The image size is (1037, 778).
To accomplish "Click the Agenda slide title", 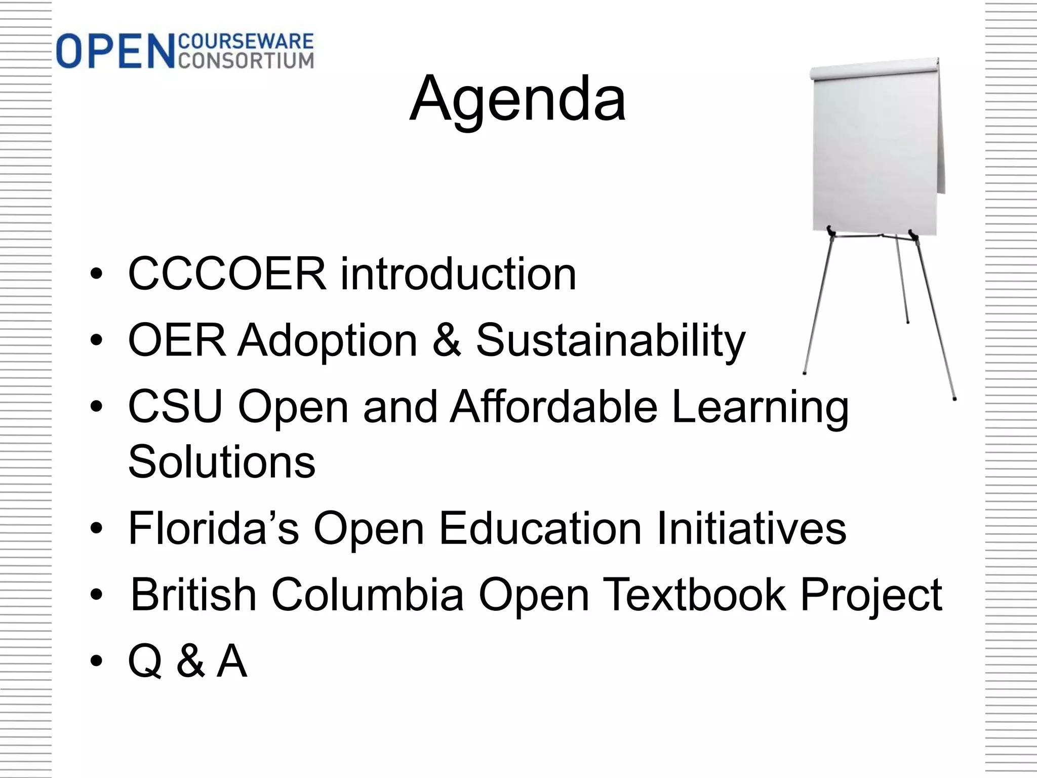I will pos(517,99).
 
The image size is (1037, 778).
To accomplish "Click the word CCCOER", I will pos(227,274).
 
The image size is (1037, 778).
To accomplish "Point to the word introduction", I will pos(458,274).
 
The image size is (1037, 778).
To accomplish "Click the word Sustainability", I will pos(611,341).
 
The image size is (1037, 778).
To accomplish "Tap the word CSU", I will pos(176,407).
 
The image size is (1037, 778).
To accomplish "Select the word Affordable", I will pos(553,407).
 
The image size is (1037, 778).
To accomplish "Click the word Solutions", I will pos(222,461).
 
